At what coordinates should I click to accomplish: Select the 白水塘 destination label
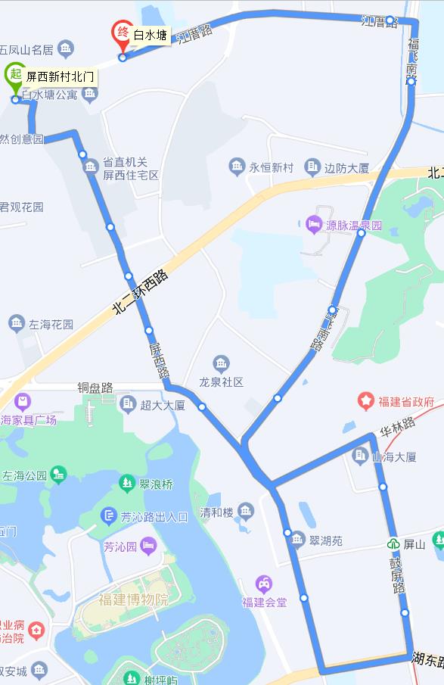coord(150,34)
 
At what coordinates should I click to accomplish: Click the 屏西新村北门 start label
coord(61,76)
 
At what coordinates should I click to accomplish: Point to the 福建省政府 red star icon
coord(367,400)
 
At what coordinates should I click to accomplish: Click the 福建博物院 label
coord(133,600)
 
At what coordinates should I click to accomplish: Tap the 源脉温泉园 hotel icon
coord(314,225)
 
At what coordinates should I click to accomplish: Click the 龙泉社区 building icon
coord(222,364)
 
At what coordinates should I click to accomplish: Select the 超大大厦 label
coord(163,405)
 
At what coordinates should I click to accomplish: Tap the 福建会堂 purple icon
coord(264,584)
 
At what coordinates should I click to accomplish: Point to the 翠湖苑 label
coord(326,541)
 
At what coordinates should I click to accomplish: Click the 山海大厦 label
coord(394,456)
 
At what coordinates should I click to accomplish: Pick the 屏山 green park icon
coord(393,544)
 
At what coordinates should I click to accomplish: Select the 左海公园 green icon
coord(58,475)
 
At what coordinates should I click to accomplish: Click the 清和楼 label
coord(216,512)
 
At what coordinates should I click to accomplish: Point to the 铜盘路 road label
coord(95,388)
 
